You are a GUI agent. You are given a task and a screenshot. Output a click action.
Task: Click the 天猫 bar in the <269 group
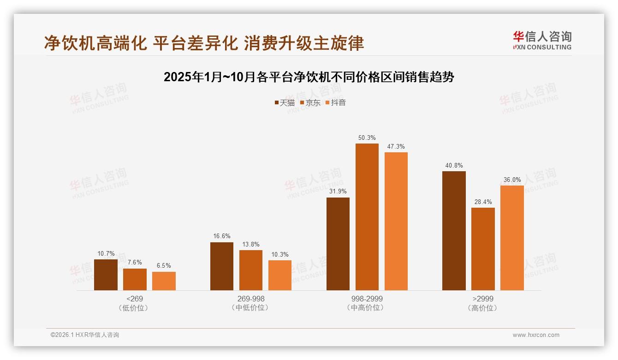106,275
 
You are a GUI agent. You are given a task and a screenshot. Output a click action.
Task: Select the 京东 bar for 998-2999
367,217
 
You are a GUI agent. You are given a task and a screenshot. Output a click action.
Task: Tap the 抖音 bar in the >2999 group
512,238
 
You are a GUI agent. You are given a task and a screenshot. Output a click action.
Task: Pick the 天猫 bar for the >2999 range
454,231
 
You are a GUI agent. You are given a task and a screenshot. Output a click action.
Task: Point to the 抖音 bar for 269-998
280,275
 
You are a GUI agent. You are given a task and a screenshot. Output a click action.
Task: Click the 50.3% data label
367,138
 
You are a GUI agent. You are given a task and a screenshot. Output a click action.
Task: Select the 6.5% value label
164,266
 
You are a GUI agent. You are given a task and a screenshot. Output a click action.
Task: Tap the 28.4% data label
483,202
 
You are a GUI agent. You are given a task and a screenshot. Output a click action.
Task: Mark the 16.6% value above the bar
221,236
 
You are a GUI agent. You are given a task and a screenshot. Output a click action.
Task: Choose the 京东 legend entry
310,102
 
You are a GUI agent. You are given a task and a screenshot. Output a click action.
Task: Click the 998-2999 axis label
367,299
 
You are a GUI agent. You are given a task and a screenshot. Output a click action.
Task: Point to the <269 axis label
134,299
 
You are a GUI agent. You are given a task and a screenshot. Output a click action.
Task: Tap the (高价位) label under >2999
483,308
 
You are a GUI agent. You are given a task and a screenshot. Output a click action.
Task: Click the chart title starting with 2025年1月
309,77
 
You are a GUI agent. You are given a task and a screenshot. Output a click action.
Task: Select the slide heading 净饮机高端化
204,43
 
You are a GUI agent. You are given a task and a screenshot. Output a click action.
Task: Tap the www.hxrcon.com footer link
536,335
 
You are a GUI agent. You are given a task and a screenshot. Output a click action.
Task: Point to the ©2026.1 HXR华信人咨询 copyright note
85,335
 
